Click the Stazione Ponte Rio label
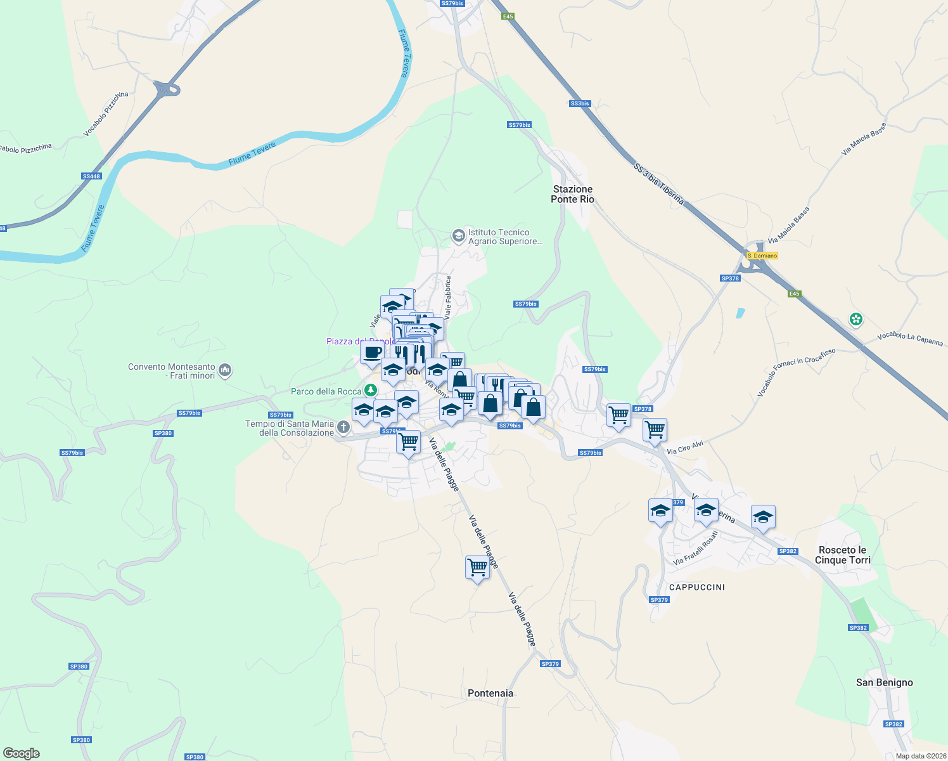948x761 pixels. [572, 194]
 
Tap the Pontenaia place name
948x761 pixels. [490, 693]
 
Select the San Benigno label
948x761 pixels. [884, 682]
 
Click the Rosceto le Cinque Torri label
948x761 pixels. [842, 555]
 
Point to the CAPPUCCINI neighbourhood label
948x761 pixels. [697, 587]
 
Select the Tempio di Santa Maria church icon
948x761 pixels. [343, 427]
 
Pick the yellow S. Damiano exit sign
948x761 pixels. [762, 256]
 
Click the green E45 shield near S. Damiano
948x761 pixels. [795, 294]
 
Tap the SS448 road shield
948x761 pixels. [91, 176]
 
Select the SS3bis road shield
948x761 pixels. [580, 103]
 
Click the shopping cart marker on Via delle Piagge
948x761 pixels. [477, 568]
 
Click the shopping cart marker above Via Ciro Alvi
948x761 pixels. [655, 429]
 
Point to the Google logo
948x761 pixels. [22, 753]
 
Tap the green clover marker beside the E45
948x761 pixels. [856, 319]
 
